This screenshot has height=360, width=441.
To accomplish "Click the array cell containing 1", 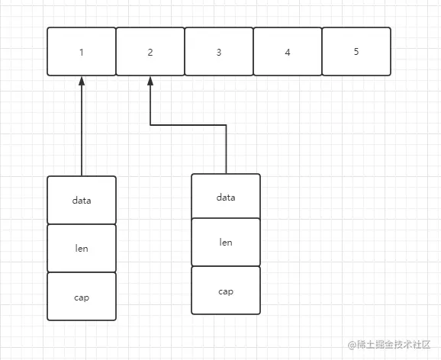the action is (x=82, y=51).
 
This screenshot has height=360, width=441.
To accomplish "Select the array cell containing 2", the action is (x=150, y=51).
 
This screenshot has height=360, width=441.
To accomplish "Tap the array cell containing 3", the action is (x=219, y=51).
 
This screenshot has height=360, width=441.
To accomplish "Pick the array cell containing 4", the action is (x=288, y=51).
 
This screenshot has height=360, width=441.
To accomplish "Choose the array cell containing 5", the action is (x=356, y=51).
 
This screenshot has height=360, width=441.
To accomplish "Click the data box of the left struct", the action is (x=82, y=201).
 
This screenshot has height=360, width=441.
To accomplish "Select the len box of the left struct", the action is (x=82, y=249).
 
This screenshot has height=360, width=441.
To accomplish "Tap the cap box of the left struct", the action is (x=82, y=297).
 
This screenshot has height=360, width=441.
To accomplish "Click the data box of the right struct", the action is (x=226, y=196).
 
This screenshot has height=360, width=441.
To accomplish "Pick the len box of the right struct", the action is (x=226, y=242).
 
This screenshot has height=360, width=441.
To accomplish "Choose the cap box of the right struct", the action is (x=226, y=291).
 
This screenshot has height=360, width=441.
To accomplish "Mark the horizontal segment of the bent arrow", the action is (x=188, y=125).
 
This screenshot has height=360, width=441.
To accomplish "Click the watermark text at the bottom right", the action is (x=389, y=345).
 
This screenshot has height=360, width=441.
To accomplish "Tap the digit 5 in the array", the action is (x=356, y=51).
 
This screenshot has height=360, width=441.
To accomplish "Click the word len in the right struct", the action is (x=226, y=242).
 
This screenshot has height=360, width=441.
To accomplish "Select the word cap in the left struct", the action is (x=82, y=297).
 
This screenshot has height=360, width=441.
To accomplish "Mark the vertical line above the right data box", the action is (x=226, y=149).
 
